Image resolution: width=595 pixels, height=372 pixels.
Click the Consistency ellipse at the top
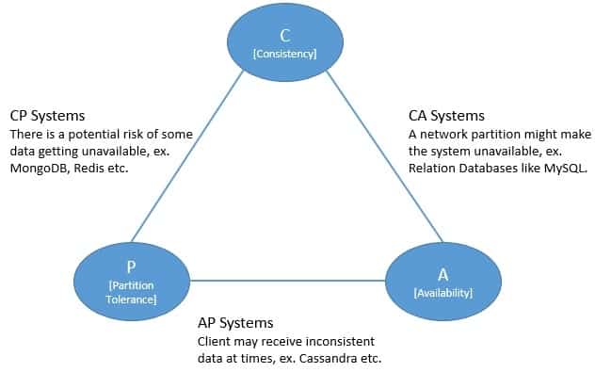pyautogui.click(x=284, y=44)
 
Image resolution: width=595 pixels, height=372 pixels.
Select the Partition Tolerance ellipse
pyautogui.click(x=132, y=277)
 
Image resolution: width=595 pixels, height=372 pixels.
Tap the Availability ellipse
pyautogui.click(x=442, y=277)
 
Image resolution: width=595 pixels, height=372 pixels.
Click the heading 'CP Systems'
pyautogui.click(x=47, y=116)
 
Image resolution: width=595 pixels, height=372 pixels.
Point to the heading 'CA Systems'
pyautogui.click(x=446, y=116)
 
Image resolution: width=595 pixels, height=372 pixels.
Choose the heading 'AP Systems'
pyautogui.click(x=234, y=322)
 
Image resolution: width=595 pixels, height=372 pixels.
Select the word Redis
pyautogui.click(x=99, y=168)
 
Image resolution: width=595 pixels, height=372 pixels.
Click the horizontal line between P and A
pyautogui.click(x=287, y=279)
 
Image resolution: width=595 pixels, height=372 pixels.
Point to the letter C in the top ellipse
pyautogui.click(x=285, y=35)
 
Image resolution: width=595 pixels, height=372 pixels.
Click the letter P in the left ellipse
pyautogui.click(x=132, y=267)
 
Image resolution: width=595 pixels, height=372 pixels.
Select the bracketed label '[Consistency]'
pyautogui.click(x=285, y=55)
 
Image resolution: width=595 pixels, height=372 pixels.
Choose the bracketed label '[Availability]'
pyautogui.click(x=442, y=294)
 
